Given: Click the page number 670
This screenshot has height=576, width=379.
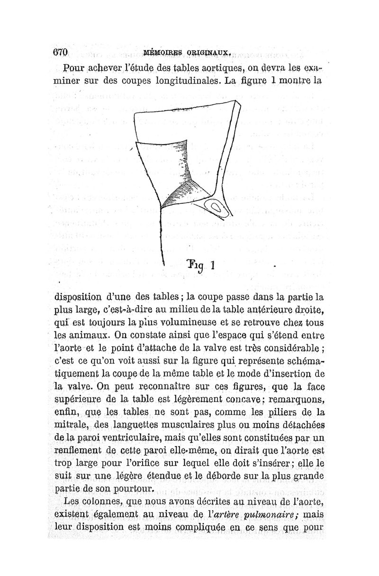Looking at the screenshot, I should tap(62, 52).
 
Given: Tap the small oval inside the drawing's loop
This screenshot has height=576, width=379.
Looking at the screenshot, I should tap(216, 207).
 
